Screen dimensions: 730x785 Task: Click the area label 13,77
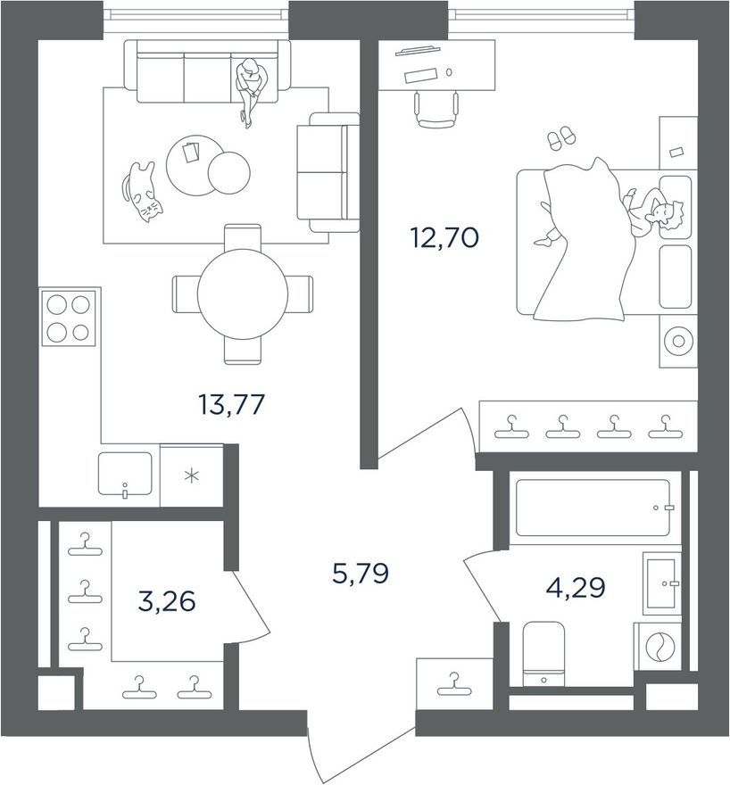[231, 404]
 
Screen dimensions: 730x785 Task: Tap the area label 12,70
[444, 237]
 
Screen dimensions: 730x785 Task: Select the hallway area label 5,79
[361, 574]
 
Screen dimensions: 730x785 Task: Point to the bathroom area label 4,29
[576, 587]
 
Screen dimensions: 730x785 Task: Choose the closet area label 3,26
[167, 601]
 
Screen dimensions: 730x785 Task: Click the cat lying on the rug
[142, 191]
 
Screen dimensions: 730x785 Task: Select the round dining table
[243, 293]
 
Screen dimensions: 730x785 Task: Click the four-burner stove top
[69, 318]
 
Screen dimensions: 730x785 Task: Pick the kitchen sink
[125, 474]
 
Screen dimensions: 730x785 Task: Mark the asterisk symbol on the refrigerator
[192, 476]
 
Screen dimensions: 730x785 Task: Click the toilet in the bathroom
[543, 654]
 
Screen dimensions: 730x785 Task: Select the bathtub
[593, 508]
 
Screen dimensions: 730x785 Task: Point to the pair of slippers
[561, 137]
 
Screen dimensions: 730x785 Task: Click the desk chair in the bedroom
[436, 110]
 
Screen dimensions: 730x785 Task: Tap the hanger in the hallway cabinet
[454, 684]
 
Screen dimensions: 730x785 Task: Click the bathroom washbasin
[662, 583]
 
